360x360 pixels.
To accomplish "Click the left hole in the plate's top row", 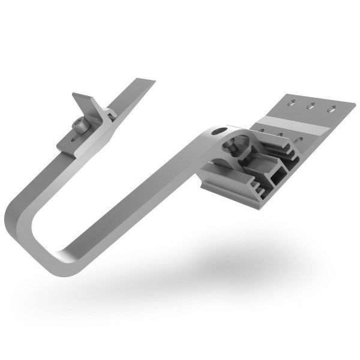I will point(292,103).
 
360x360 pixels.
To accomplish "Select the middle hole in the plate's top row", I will point(311,107).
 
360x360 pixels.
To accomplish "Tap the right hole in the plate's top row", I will point(331,110).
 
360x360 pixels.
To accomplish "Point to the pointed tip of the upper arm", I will point(151,80).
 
